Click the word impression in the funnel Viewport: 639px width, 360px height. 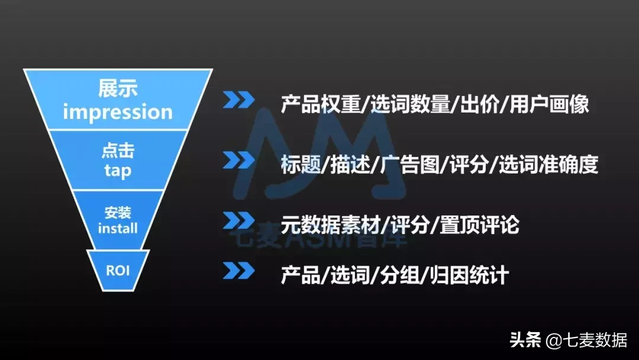coord(118,111)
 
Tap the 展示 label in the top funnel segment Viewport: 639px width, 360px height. coord(118,89)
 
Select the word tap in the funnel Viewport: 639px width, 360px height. coord(117,171)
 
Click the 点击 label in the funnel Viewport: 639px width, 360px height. coord(117,152)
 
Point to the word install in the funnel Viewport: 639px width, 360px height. coord(118,228)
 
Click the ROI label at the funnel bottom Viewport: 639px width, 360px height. coord(118,271)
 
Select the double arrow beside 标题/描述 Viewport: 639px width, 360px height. coord(239,160)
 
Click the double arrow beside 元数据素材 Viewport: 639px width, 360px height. coord(239,220)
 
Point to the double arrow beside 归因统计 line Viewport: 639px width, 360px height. coord(239,270)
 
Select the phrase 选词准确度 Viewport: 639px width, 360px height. coord(548,165)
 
